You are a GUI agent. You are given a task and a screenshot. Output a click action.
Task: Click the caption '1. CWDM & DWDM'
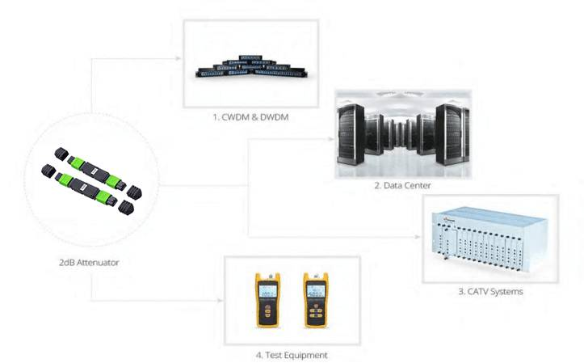pos(250,118)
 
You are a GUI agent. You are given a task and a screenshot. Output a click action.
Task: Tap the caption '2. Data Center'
pos(401,186)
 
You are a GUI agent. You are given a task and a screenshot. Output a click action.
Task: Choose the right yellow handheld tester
pos(315,300)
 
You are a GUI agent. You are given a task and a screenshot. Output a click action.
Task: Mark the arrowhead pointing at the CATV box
pos(418,237)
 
